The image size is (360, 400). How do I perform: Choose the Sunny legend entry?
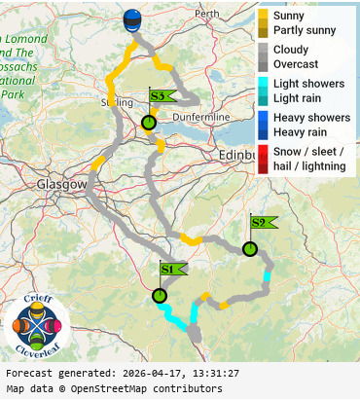(x=289, y=17)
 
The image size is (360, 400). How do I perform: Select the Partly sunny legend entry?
(x=305, y=30)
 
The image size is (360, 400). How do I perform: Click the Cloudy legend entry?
(x=291, y=50)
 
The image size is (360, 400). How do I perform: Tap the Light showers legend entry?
(x=308, y=84)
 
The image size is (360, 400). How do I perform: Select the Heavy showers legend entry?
(x=311, y=118)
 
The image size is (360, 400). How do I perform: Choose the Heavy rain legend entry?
(x=303, y=131)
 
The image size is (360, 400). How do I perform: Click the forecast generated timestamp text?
(x=122, y=373)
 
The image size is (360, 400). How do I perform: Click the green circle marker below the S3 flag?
(x=148, y=124)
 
